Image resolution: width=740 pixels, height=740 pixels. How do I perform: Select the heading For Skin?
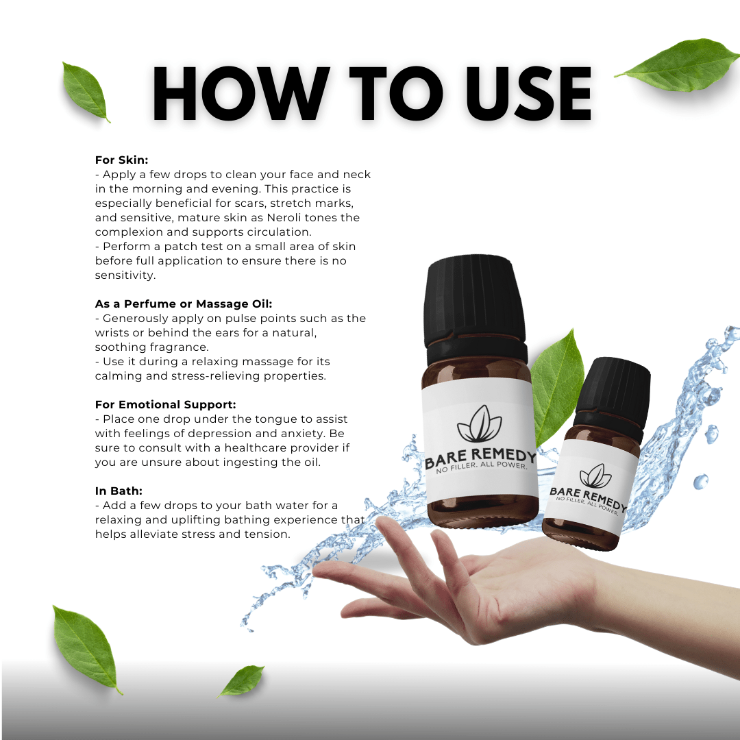(x=121, y=160)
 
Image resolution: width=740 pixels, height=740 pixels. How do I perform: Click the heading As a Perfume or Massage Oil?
(x=184, y=304)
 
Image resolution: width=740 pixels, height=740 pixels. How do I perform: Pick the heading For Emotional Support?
(x=165, y=404)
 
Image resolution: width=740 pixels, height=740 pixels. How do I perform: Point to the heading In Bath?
(x=119, y=491)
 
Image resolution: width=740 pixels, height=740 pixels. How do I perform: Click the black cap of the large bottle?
(x=476, y=301)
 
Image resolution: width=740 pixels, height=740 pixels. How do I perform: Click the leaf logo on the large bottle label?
(x=480, y=425)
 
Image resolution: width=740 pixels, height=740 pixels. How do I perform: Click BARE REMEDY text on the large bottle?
(x=480, y=458)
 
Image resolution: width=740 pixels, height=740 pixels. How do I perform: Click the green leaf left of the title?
(x=86, y=91)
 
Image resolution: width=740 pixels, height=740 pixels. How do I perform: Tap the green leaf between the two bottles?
(x=556, y=387)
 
